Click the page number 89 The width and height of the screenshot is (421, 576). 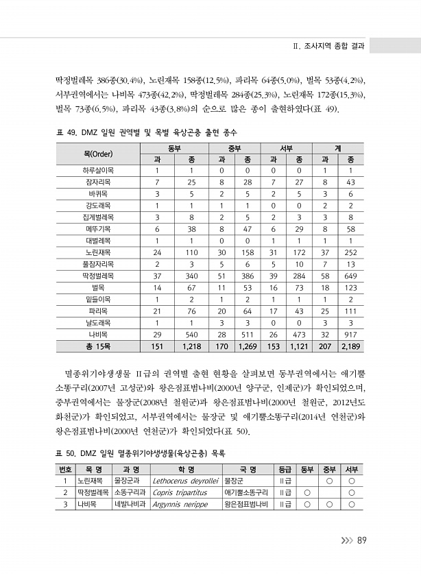pos(363,540)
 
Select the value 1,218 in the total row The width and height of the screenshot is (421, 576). pos(191,346)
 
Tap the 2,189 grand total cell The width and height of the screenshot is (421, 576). pos(350,346)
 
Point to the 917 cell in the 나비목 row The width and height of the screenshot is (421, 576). pos(350,334)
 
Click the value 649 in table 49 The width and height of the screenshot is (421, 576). pos(350,275)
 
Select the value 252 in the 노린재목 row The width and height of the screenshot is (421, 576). pos(350,252)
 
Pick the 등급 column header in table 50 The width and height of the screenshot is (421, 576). pos(285,469)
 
